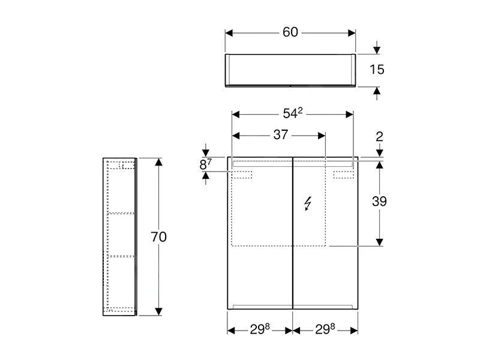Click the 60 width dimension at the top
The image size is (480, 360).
(x=290, y=32)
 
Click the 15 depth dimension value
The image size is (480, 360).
(x=377, y=70)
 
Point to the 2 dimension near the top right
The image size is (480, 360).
(x=379, y=137)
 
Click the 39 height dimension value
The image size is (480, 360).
(x=379, y=202)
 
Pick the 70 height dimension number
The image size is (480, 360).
(x=158, y=237)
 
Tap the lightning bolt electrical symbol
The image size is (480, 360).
(x=308, y=204)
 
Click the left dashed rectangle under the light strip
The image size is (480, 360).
(x=244, y=175)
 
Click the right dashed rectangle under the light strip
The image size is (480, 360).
(x=344, y=175)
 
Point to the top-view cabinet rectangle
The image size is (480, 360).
(x=290, y=70)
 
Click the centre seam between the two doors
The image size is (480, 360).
(x=292, y=240)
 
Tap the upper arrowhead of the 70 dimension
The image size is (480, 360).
(x=158, y=163)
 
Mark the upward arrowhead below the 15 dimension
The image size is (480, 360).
(x=377, y=91)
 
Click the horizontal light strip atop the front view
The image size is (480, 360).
(x=292, y=163)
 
